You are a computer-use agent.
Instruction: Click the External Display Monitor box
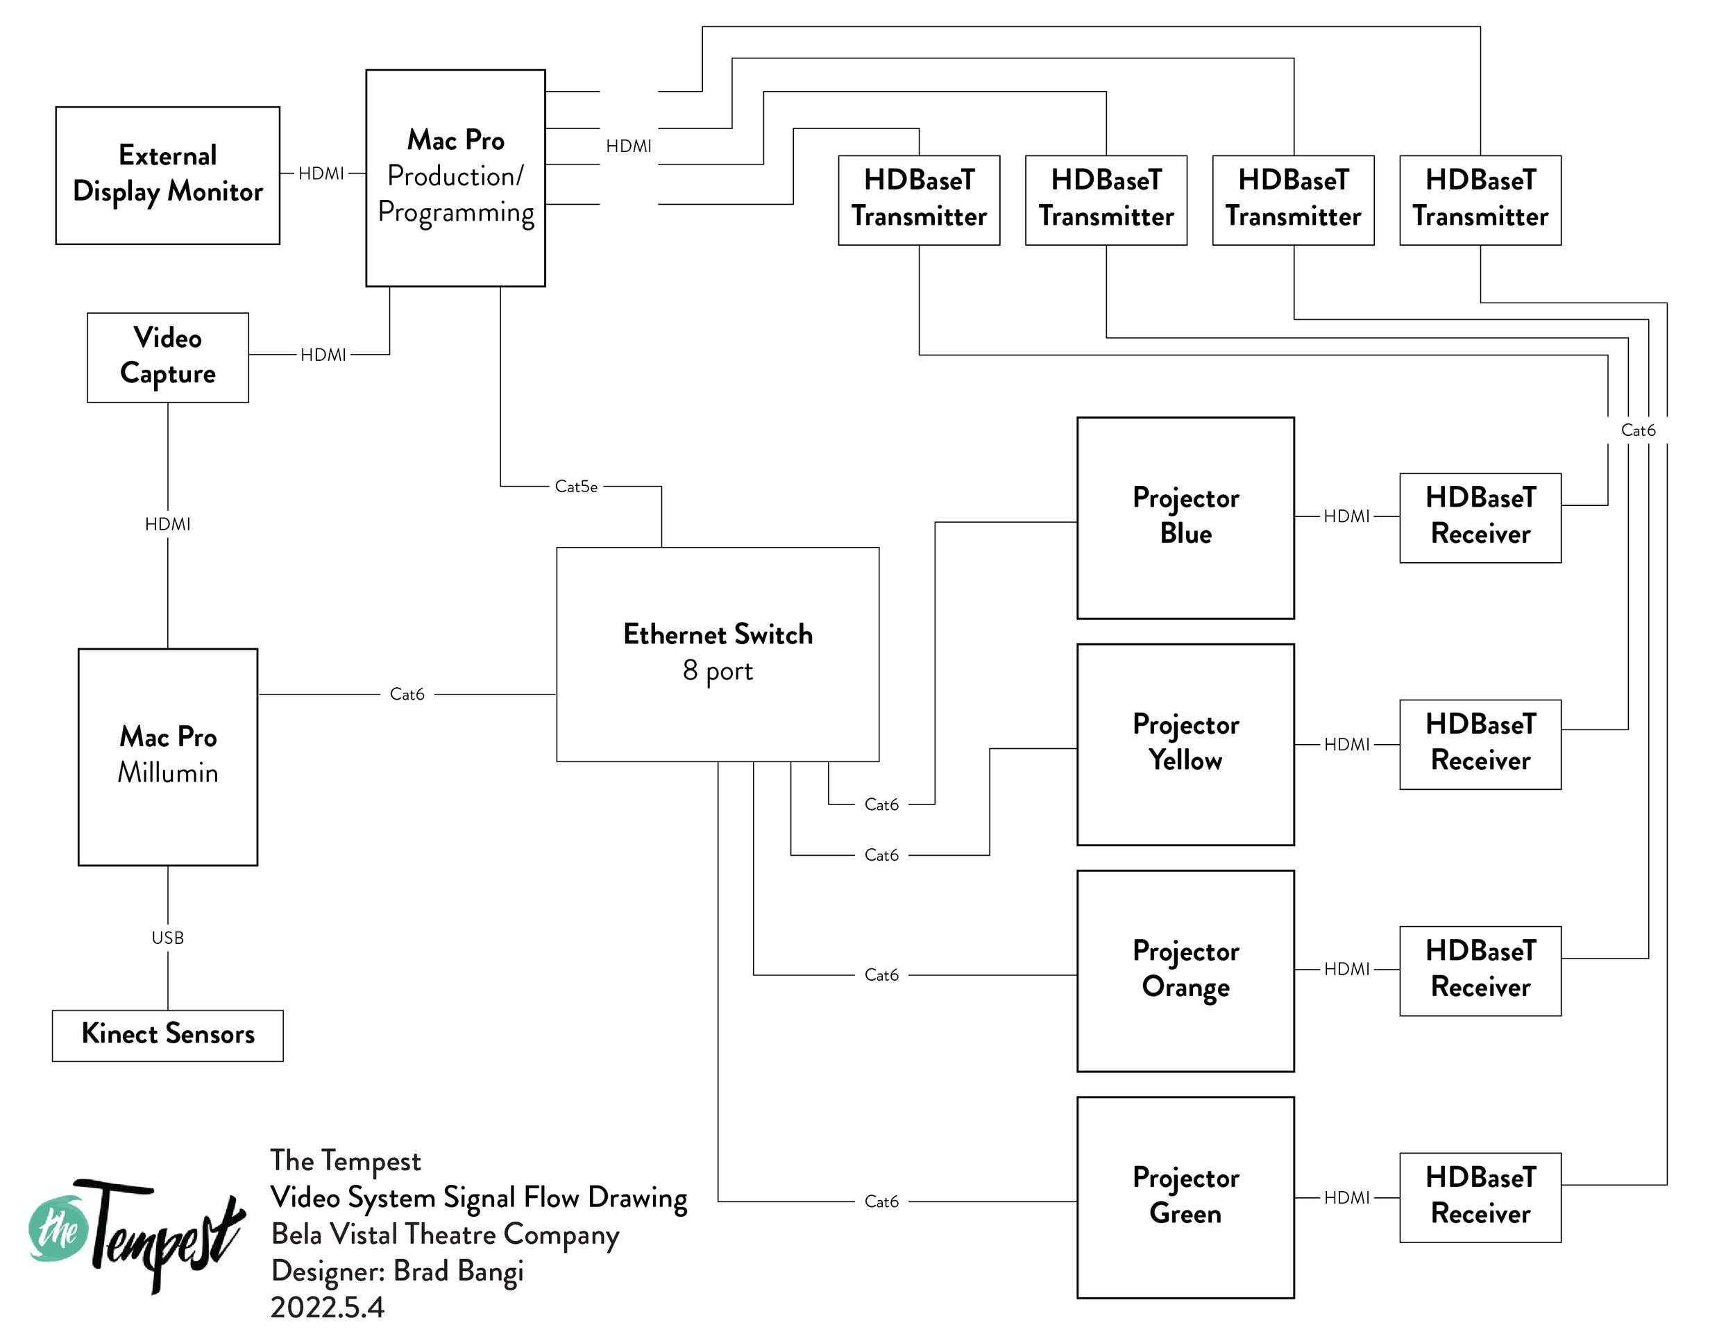[168, 175]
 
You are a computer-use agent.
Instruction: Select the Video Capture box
[168, 357]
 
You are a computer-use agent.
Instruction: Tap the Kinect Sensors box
[168, 1034]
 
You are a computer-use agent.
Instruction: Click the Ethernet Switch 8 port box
[718, 653]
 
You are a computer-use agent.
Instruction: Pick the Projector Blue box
[1185, 517]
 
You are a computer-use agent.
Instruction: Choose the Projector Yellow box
[1185, 743]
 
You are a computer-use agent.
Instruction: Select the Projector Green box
[1185, 1197]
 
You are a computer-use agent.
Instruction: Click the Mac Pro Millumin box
[168, 757]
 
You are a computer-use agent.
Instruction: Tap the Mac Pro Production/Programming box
[455, 177]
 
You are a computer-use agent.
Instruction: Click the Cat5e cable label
[576, 486]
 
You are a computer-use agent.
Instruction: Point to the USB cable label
[168, 938]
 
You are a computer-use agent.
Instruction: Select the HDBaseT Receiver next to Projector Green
[1480, 1197]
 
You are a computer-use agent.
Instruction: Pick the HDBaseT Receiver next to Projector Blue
[1480, 517]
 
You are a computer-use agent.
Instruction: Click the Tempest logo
[135, 1231]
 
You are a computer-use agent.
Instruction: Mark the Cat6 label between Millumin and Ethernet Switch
[407, 694]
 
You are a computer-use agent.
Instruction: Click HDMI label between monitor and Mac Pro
[321, 174]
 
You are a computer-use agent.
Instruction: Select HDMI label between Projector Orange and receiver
[1346, 969]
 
